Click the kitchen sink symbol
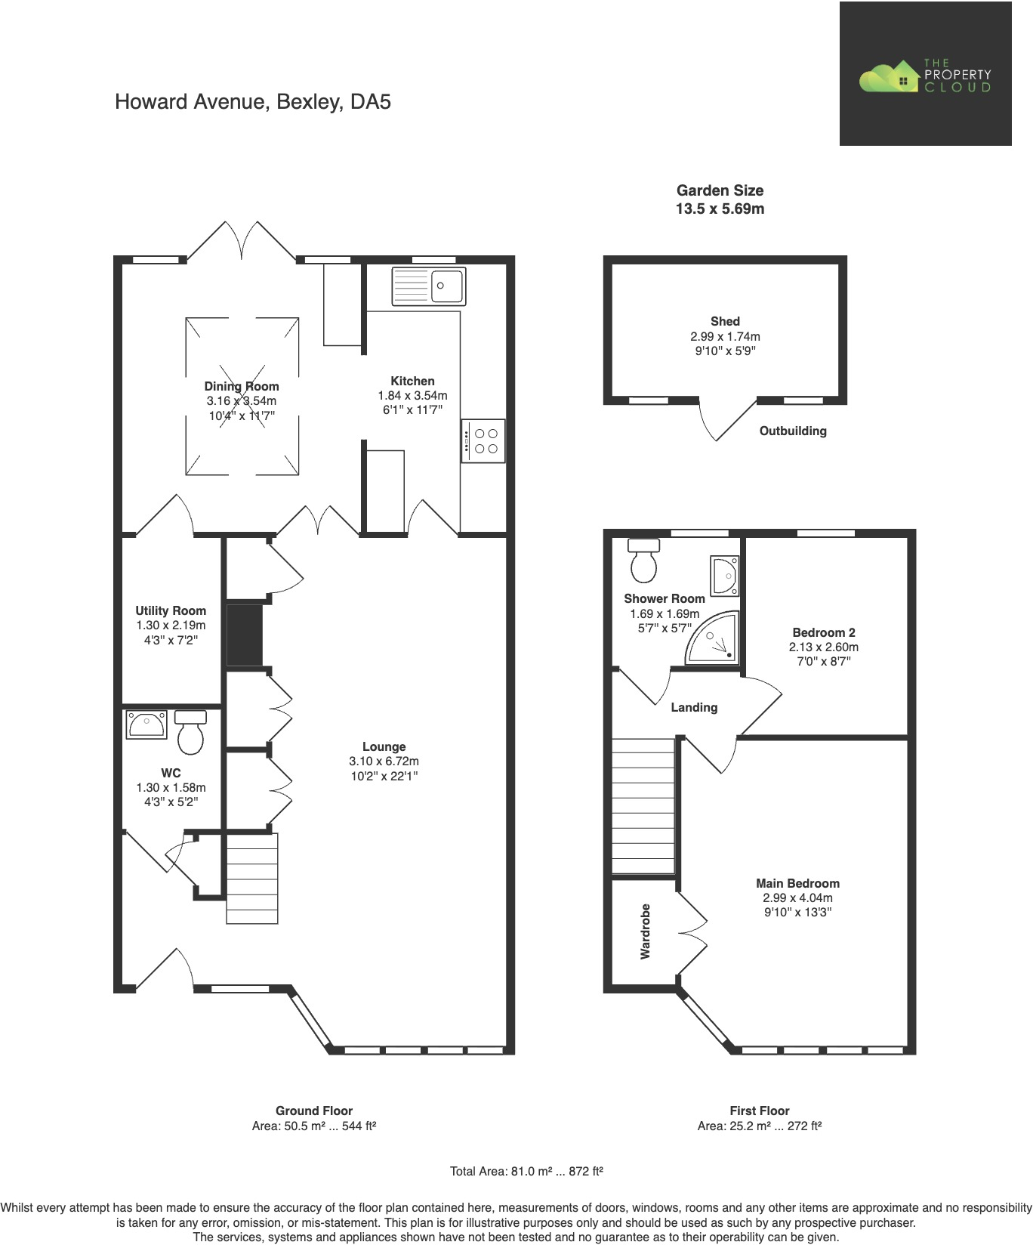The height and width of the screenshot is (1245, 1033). pyautogui.click(x=429, y=286)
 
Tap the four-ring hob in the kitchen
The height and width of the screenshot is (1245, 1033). pyautogui.click(x=483, y=441)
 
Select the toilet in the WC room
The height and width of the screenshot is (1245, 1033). pyautogui.click(x=190, y=733)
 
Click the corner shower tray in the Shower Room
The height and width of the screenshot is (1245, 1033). pyautogui.click(x=713, y=639)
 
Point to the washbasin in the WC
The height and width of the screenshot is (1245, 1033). pyautogui.click(x=146, y=724)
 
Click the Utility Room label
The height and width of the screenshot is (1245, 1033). pyautogui.click(x=171, y=610)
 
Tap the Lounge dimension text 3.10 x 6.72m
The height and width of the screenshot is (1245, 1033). pyautogui.click(x=384, y=762)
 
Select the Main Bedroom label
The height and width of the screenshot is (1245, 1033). pyautogui.click(x=797, y=883)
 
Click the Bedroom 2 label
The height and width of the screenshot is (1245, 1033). pyautogui.click(x=824, y=632)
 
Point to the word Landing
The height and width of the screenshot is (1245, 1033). pyautogui.click(x=694, y=707)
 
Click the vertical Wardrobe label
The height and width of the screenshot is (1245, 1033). pyautogui.click(x=645, y=931)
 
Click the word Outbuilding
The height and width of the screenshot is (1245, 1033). pyautogui.click(x=793, y=431)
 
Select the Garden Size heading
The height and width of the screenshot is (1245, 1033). pyautogui.click(x=720, y=190)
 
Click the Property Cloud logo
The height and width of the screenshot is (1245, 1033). pyautogui.click(x=925, y=74)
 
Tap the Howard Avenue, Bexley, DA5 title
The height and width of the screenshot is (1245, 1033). pyautogui.click(x=253, y=102)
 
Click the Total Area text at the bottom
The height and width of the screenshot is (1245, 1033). pyautogui.click(x=526, y=1172)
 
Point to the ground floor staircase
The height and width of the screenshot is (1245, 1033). pyautogui.click(x=252, y=878)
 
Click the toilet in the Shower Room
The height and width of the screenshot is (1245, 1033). pyautogui.click(x=643, y=560)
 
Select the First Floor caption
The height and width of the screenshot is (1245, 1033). pyautogui.click(x=759, y=1111)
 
